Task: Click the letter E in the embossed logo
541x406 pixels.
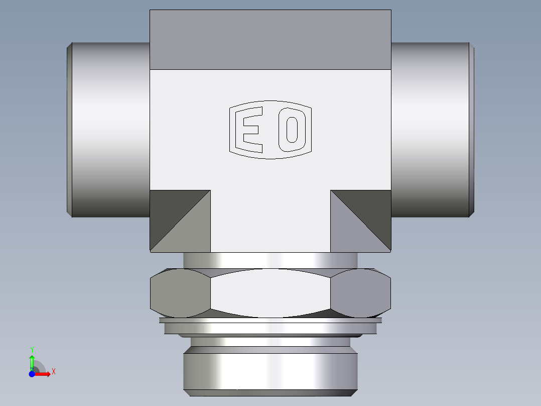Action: point(249,130)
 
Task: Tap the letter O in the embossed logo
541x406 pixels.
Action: point(292,130)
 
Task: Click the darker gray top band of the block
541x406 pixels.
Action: point(270,39)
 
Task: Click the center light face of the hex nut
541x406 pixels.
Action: point(270,293)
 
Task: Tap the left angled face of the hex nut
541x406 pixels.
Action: point(180,293)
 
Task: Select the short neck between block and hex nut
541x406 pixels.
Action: point(270,260)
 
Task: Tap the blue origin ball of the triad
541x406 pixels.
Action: point(32,374)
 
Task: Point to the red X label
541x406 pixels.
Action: point(53,372)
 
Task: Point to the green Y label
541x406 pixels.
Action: point(32,349)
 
